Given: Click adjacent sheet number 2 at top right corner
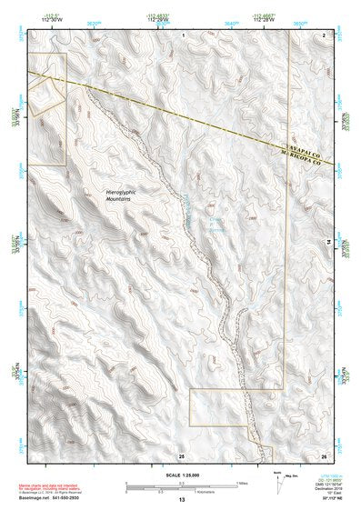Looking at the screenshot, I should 323,34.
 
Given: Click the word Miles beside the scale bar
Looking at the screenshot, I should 242,483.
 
